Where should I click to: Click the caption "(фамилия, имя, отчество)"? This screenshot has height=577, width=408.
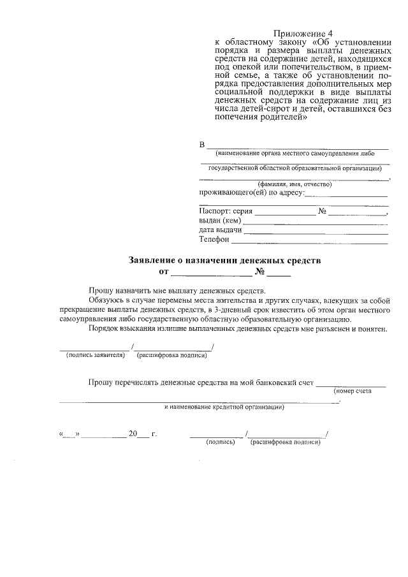click(294, 184)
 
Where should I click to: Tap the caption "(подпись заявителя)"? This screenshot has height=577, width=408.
click(95, 355)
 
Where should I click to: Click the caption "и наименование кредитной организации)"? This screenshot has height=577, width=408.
click(224, 407)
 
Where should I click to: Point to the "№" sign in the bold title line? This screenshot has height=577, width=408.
click(259, 272)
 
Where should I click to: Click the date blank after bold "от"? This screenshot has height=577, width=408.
click(212, 275)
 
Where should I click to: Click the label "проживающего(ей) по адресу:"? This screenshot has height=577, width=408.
click(252, 193)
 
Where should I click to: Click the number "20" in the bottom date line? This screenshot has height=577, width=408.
click(133, 434)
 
